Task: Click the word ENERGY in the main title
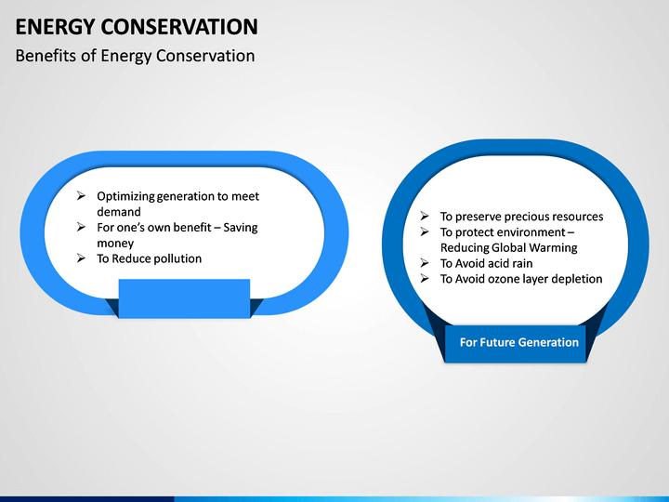55,27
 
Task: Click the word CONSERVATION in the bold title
179,26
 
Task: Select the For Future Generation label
518,342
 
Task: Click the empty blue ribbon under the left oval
184,298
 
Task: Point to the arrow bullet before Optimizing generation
81,196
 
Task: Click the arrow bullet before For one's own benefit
81,227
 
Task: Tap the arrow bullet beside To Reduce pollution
81,258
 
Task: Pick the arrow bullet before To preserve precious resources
425,216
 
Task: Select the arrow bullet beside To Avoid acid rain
425,263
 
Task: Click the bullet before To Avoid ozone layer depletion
425,278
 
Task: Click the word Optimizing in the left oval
125,196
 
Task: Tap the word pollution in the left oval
177,258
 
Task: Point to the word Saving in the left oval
241,228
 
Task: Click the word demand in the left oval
119,212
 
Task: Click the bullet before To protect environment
425,231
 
